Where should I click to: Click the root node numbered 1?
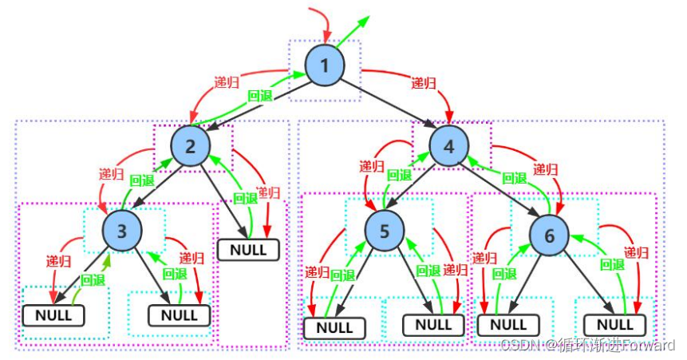(325, 65)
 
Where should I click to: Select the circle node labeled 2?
(190, 146)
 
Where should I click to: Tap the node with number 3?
(122, 231)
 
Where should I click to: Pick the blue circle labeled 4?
(449, 146)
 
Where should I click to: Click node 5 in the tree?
(385, 231)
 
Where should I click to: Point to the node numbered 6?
(549, 235)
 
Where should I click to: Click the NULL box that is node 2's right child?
(248, 250)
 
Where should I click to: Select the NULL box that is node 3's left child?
(53, 315)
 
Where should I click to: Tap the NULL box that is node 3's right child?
(180, 315)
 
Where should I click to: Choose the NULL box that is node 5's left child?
(334, 328)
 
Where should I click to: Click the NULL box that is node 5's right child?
(433, 325)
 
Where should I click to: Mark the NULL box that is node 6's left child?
(508, 325)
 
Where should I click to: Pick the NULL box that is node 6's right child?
(614, 325)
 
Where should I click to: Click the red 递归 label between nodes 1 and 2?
(227, 82)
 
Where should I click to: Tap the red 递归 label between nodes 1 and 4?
(424, 82)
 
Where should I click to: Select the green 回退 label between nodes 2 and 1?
(260, 96)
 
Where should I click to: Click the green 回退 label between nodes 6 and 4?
(515, 178)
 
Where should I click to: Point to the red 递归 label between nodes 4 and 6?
(546, 169)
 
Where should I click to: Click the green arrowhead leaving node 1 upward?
(364, 21)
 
